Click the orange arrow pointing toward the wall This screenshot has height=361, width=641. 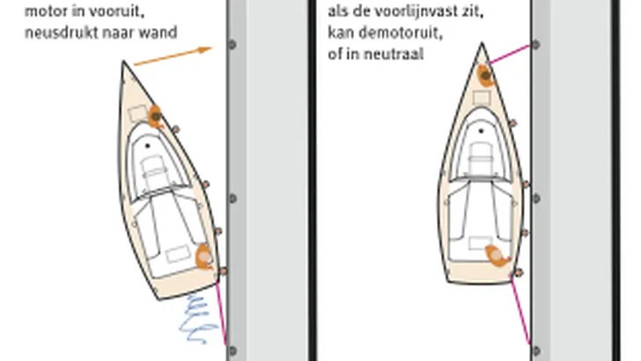[x=173, y=56]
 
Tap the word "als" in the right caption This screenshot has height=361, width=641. [x=337, y=11]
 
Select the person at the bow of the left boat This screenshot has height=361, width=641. [x=155, y=116]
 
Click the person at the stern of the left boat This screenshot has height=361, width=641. [x=204, y=257]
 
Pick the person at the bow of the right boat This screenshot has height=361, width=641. [x=485, y=76]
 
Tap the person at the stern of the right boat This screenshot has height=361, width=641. [x=497, y=255]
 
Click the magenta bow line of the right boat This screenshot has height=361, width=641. [x=510, y=54]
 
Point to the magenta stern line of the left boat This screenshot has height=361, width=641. [x=221, y=313]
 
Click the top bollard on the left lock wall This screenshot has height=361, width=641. [x=232, y=44]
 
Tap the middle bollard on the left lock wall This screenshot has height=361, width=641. [x=232, y=198]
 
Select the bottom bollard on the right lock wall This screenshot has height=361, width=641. [x=536, y=350]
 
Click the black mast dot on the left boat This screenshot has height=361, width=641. [x=148, y=145]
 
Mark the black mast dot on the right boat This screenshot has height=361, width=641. [x=481, y=131]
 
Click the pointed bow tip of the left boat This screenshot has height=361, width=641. [x=124, y=62]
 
